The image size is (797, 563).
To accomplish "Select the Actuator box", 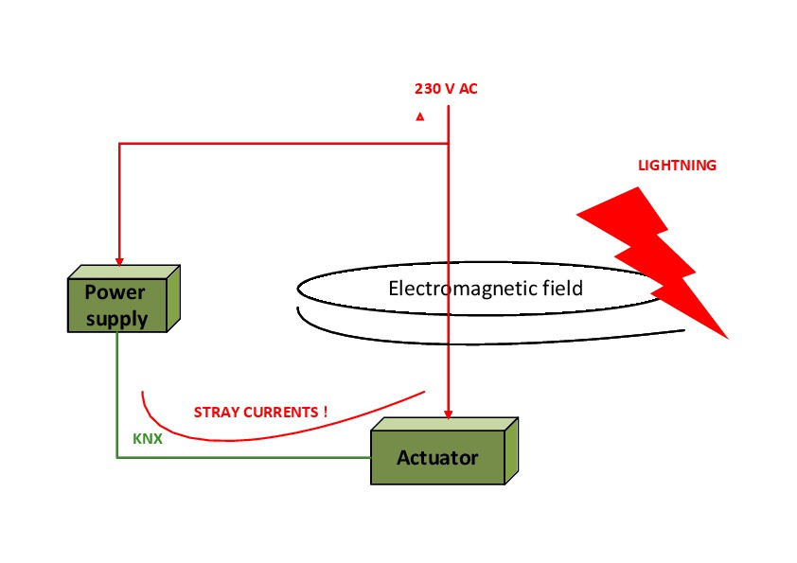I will (437, 458).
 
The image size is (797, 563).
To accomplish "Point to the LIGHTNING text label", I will (677, 166).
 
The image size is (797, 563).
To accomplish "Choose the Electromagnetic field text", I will (486, 288).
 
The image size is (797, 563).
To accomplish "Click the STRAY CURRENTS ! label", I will (260, 413).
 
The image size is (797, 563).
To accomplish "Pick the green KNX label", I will (147, 440).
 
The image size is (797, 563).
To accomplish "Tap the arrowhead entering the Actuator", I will (449, 413).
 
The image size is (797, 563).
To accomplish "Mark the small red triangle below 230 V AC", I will (419, 117).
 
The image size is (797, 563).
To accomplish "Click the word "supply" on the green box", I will (117, 318).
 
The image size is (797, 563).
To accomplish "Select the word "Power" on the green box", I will (115, 290).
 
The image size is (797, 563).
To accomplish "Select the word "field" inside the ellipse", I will (562, 288).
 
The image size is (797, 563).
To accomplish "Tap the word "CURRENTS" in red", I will (280, 413).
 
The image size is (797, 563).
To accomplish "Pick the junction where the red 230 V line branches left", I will (449, 144).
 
